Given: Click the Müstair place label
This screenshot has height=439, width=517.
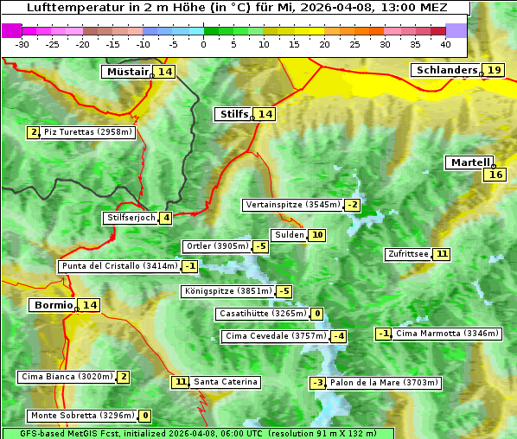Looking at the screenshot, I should click(x=127, y=72).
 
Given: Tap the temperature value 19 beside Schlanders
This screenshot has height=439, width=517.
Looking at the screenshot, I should click(x=495, y=70).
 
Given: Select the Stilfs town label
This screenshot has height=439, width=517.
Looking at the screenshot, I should click(x=233, y=114).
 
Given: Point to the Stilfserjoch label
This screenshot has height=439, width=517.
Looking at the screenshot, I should click(x=131, y=218).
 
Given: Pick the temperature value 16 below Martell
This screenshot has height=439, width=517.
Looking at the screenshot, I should click(x=495, y=175).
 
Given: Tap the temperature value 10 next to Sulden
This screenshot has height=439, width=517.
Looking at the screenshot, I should click(x=317, y=235).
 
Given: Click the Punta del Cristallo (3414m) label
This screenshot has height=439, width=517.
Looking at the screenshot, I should click(x=118, y=266).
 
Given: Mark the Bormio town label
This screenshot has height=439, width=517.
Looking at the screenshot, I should click(x=52, y=305).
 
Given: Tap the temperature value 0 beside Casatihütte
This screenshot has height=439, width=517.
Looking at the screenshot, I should click(x=317, y=314).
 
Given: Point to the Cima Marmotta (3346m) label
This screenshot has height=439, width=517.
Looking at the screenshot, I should click(x=447, y=334).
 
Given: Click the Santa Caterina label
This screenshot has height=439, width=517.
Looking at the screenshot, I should click(x=225, y=382).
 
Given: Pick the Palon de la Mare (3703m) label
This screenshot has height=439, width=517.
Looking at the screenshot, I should click(x=385, y=383).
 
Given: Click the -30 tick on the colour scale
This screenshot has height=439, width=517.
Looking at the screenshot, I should click(x=22, y=44).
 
